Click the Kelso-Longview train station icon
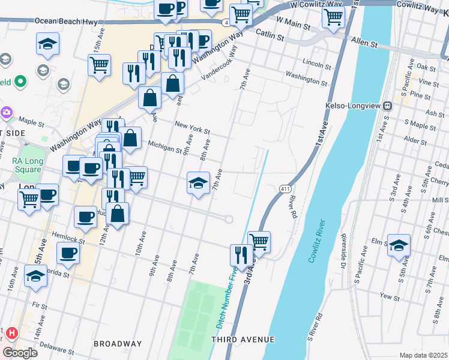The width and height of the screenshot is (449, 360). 388,104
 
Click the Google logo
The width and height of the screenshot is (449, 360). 19,352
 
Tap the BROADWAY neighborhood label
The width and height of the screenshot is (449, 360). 118,344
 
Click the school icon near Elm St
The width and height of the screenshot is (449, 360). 399,245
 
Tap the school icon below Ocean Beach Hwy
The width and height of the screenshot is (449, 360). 47,44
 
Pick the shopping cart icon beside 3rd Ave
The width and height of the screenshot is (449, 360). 259,242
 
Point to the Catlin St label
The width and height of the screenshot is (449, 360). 270,35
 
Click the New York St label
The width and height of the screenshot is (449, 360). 192,128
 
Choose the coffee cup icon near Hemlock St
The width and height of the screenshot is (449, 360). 68,253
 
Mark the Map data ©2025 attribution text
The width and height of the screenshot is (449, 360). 423,355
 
